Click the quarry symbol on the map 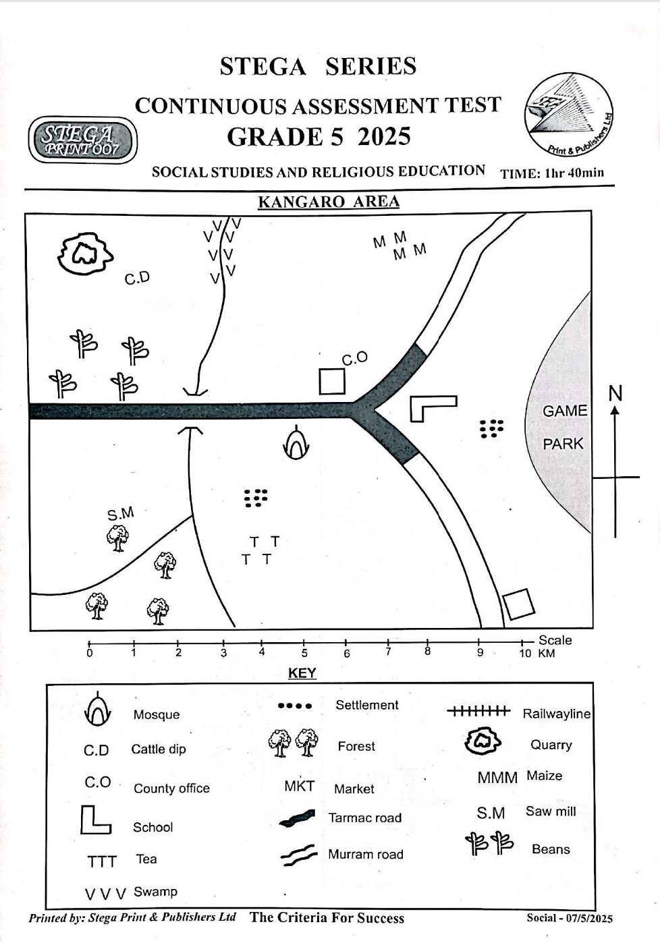click(84, 254)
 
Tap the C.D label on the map click(137, 278)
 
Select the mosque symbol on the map click(296, 444)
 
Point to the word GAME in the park click(565, 411)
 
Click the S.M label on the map click(121, 514)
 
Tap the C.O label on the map click(354, 358)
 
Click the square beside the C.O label click(332, 382)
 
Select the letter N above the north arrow click(615, 393)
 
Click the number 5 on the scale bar click(304, 653)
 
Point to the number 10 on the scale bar click(525, 653)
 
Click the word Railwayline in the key click(556, 714)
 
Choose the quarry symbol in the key click(483, 741)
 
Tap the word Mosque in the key click(157, 715)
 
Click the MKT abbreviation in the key click(299, 786)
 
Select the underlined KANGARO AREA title click(329, 202)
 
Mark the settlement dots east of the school click(492, 428)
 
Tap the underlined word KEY click(302, 673)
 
